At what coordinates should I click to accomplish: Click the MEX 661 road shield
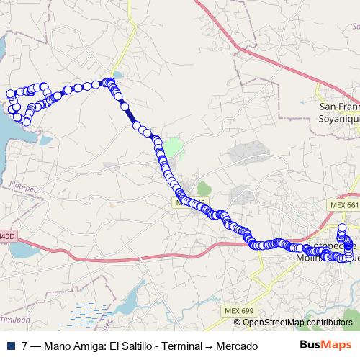tap(343, 205)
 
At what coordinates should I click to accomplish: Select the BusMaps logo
tap(325, 345)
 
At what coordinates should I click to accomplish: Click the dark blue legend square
tap(9, 346)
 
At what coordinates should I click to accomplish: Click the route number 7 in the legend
tap(25, 346)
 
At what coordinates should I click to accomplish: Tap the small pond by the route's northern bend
tap(117, 74)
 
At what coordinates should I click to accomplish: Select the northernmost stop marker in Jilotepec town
tap(344, 230)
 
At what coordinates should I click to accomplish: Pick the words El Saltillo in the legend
tap(132, 346)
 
